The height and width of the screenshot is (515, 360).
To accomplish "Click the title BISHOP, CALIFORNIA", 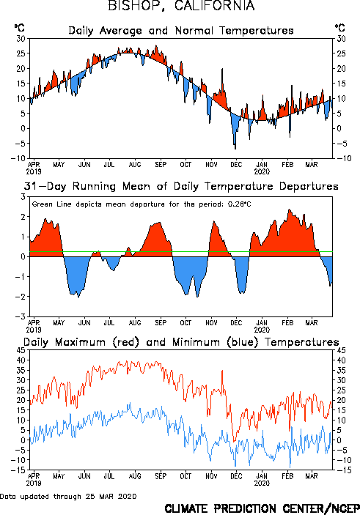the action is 181,6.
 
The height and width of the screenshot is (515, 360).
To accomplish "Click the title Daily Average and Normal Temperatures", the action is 181,31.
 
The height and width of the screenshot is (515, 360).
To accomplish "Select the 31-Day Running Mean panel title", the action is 181,186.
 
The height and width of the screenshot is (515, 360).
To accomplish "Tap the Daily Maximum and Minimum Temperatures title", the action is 181,342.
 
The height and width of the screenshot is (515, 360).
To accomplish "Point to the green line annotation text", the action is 142,204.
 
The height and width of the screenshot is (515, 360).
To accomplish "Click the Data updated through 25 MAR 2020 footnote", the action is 68,496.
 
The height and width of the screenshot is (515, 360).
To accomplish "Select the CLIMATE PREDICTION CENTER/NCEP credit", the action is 262,508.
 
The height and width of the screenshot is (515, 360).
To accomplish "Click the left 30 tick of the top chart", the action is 21,39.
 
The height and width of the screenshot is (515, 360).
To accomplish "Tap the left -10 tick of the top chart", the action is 18,158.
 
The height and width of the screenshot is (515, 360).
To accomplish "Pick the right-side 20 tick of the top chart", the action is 341,69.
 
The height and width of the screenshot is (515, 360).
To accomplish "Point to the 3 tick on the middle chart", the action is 23,197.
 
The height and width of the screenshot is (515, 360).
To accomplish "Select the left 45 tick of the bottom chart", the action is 21,350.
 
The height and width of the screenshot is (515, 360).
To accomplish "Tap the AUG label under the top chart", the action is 135,165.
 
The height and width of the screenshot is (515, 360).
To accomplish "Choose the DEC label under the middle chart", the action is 236,323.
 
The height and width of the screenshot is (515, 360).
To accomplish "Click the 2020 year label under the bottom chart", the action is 262,483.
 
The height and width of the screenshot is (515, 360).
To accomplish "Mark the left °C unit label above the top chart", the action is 19,28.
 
